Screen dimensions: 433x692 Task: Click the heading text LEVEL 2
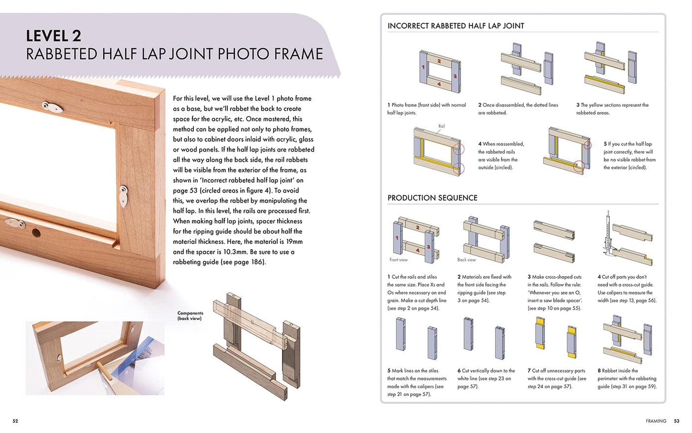pos(53,36)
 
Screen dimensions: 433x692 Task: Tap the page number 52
pos(15,421)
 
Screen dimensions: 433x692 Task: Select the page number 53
pos(677,421)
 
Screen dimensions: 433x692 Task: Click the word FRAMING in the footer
pos(656,421)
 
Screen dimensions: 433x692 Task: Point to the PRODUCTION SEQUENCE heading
pos(432,198)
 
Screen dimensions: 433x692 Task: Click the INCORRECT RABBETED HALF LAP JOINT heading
pos(456,26)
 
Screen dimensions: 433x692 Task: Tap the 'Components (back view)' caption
pos(190,316)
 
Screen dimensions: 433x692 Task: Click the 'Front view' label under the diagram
pos(398,260)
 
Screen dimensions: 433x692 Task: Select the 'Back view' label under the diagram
pos(466,260)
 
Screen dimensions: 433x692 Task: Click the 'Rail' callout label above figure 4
pos(441,126)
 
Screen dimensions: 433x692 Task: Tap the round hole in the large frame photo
pos(36,232)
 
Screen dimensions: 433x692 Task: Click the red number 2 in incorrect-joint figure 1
pos(439,61)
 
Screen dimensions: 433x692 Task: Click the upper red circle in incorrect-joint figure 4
pos(458,148)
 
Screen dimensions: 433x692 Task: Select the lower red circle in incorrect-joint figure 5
pos(579,167)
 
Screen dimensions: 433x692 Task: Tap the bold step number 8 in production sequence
pos(599,371)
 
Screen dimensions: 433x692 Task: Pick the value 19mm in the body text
pos(294,241)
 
